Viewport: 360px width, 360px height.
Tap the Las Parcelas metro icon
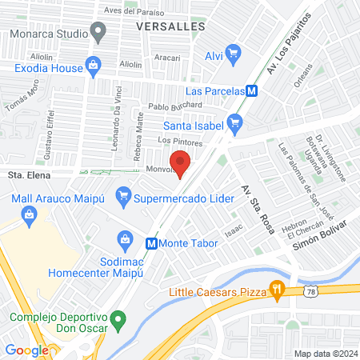click(252, 91)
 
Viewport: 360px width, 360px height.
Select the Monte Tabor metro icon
click(150, 242)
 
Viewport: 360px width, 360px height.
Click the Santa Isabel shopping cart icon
click(234, 123)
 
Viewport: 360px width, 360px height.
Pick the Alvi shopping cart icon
click(234, 54)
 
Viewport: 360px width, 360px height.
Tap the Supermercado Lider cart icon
click(123, 194)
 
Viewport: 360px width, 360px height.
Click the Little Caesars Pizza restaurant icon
click(278, 290)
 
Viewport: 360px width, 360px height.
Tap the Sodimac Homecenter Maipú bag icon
click(125, 238)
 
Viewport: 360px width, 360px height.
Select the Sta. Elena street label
click(26, 172)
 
